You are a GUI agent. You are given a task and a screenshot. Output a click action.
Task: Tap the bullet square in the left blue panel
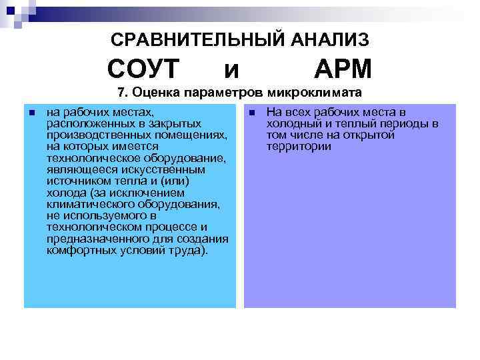pos(31,113)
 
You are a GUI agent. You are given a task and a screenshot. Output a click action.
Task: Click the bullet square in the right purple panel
pos(251,113)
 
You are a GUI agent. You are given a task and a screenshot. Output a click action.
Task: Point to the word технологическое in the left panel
pos(88,158)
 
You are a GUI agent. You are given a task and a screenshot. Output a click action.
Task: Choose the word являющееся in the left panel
pos(77,170)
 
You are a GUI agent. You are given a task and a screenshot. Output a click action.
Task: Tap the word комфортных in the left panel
pos(79,250)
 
